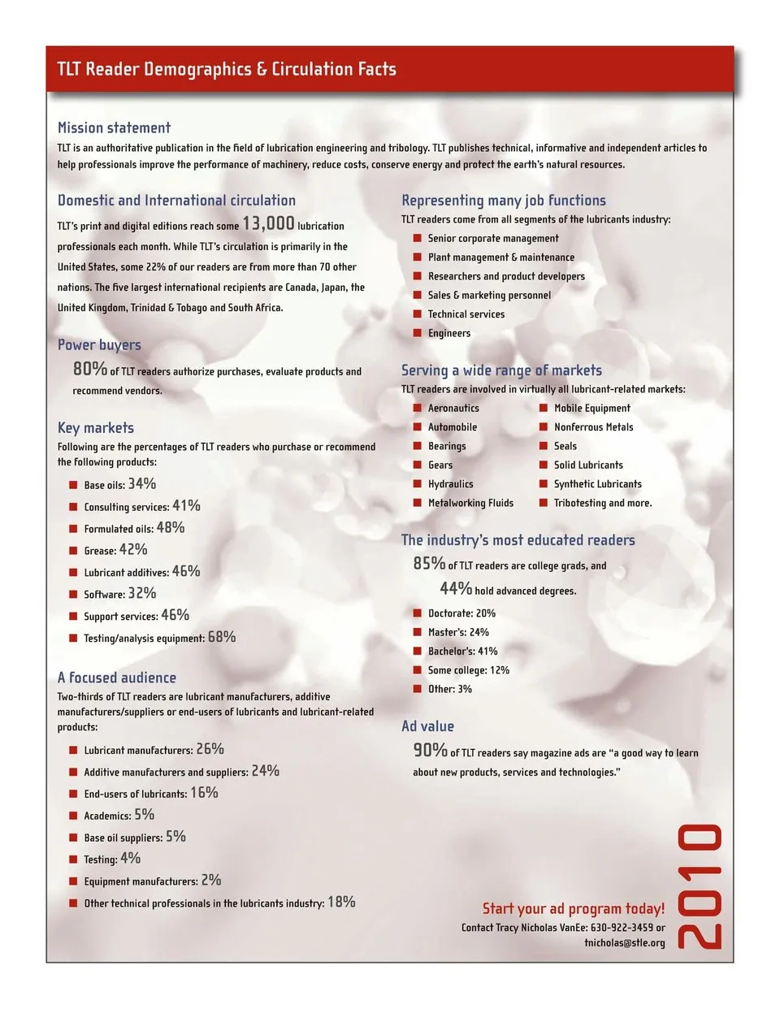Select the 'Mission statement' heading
[x=114, y=128]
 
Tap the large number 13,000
[x=268, y=223]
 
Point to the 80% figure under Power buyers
[x=90, y=369]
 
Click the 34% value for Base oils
[x=142, y=483]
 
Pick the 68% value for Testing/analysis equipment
[x=222, y=637]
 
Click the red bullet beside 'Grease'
[x=73, y=551]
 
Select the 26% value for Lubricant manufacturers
[x=210, y=749]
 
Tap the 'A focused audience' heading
[x=116, y=678]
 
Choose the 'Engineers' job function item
[x=449, y=333]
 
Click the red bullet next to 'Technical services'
[x=418, y=314]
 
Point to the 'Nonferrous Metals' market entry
[x=593, y=427]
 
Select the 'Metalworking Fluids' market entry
[x=470, y=503]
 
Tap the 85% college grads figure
[x=429, y=563]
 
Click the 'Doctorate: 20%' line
[x=461, y=613]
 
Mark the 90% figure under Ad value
[x=430, y=751]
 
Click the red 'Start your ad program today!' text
[x=573, y=908]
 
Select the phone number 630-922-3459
[x=622, y=928]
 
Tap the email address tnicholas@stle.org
[x=624, y=943]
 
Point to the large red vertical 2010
[x=700, y=886]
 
